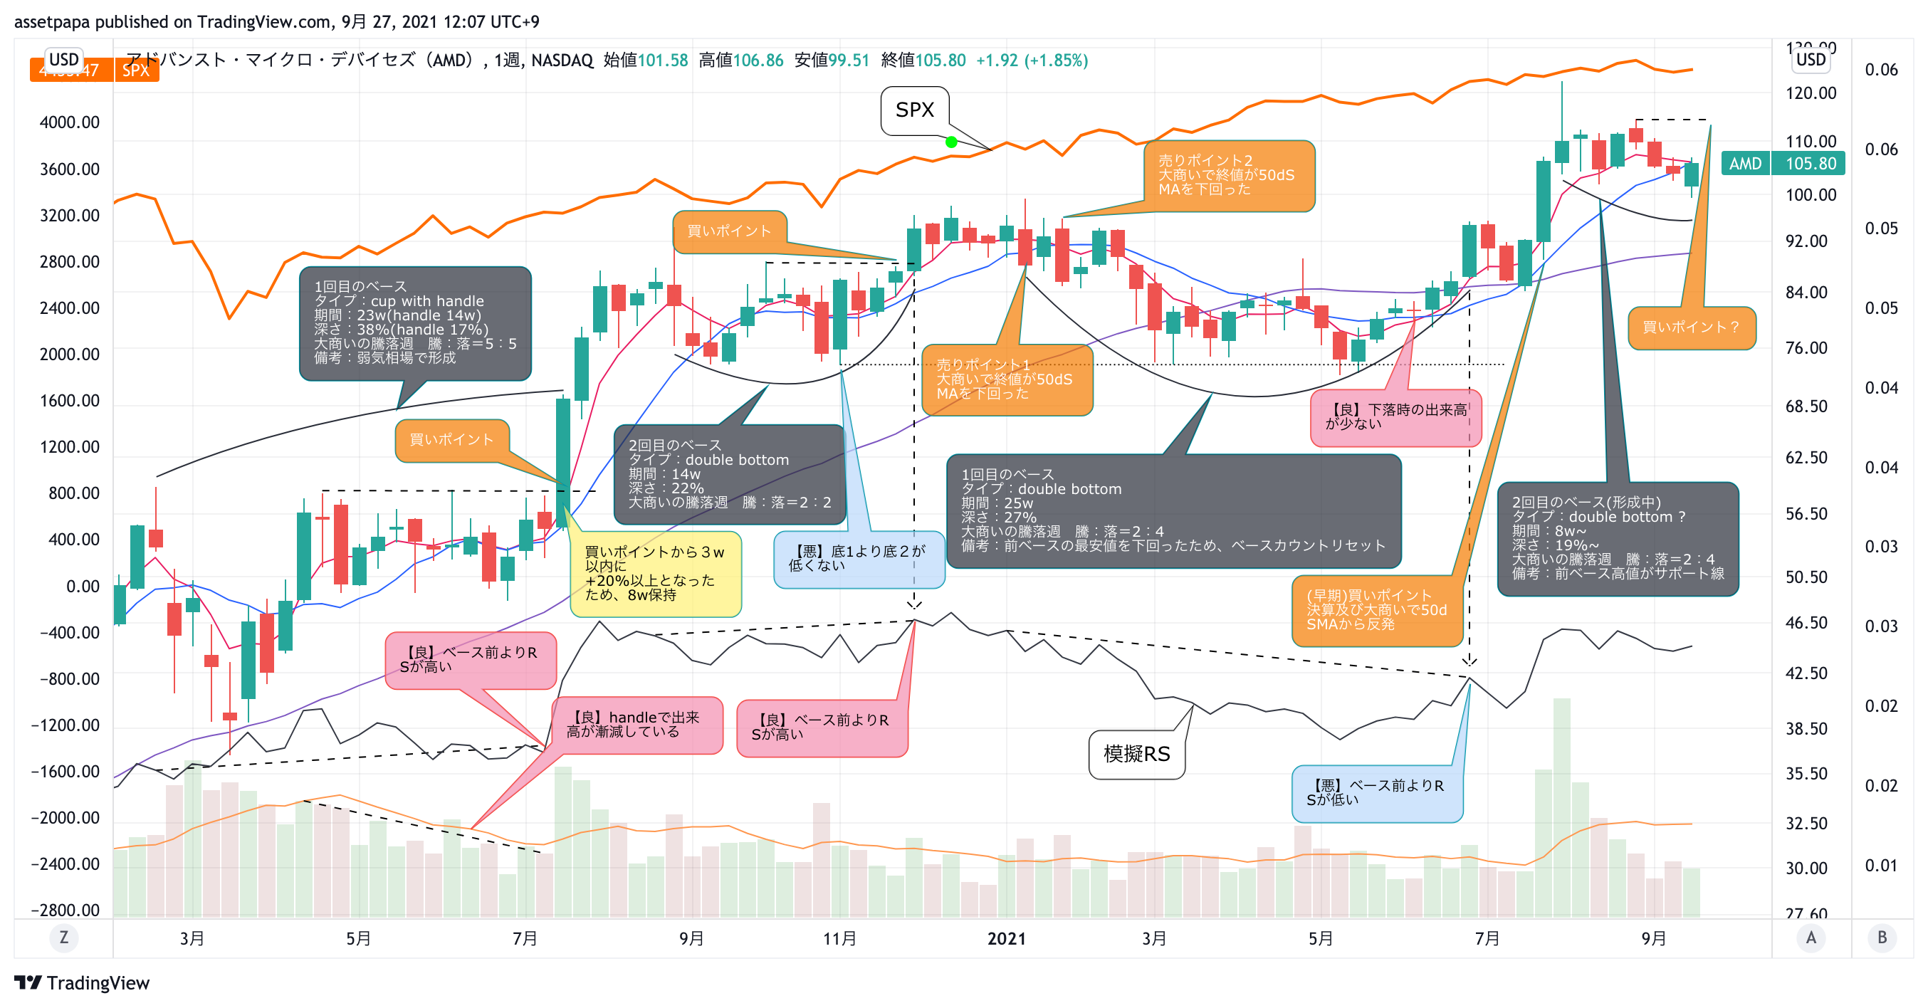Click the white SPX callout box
tap(915, 111)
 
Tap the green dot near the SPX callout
tap(951, 142)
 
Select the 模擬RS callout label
tap(1136, 755)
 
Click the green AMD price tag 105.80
tap(1782, 163)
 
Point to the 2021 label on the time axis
tap(1006, 938)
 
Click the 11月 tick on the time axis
tap(839, 938)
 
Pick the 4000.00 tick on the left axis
tap(69, 122)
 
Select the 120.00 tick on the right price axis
tap(1811, 93)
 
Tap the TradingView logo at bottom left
tap(83, 982)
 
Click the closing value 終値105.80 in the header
tap(923, 61)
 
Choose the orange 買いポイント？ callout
tap(1691, 327)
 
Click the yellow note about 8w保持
tap(655, 574)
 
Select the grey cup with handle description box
tap(414, 322)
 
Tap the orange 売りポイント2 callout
tap(1228, 176)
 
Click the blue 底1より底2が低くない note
tap(859, 559)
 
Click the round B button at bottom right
tap(1882, 938)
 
